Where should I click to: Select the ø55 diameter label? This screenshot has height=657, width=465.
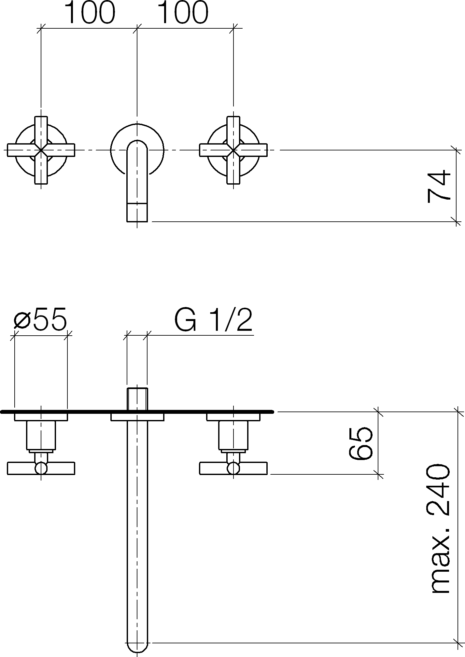point(40,319)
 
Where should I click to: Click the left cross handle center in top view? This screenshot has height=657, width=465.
point(41,150)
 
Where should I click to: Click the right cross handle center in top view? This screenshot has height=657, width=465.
point(233,150)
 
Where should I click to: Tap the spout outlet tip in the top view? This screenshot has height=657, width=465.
point(137,212)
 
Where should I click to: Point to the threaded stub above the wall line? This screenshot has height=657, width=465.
point(137,399)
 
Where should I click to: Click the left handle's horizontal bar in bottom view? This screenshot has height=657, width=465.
point(41,468)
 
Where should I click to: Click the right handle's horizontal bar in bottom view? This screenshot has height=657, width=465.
point(233,468)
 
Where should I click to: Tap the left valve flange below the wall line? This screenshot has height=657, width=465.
point(41,417)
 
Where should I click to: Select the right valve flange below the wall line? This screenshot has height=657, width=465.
point(233,417)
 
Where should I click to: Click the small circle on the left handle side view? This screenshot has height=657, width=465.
point(41,468)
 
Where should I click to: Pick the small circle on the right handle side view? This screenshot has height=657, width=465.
point(233,468)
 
